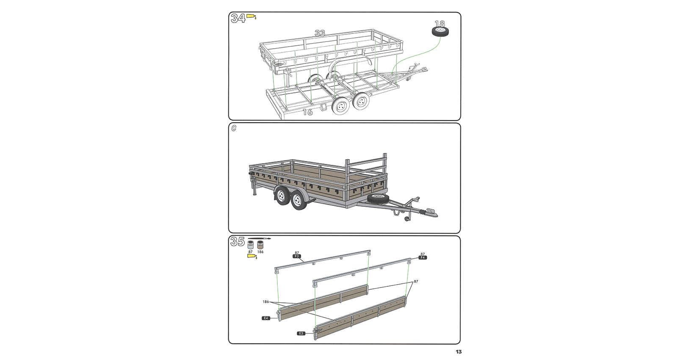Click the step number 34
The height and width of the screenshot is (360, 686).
[238, 18]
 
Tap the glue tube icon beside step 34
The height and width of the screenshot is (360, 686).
[252, 16]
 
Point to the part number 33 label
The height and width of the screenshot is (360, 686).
[320, 33]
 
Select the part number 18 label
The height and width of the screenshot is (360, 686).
[440, 24]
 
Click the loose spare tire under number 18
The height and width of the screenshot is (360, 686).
[440, 32]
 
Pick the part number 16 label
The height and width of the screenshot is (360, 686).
[308, 112]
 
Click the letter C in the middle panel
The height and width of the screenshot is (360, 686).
[234, 128]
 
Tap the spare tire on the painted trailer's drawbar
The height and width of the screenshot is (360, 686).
[378, 199]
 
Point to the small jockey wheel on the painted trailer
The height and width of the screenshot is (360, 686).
[407, 219]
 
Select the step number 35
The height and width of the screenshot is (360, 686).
[237, 242]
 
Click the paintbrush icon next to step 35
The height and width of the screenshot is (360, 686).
[260, 238]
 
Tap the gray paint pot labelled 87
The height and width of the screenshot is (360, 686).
[251, 245]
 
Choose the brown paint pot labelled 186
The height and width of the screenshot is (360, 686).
[260, 245]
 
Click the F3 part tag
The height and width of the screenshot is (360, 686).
[297, 256]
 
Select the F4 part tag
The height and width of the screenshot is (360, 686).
[423, 258]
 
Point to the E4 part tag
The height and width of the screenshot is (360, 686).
[266, 318]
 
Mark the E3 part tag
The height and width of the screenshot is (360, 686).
[301, 333]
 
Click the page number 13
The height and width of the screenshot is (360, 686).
[459, 352]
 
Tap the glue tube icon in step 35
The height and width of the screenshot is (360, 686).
[252, 256]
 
